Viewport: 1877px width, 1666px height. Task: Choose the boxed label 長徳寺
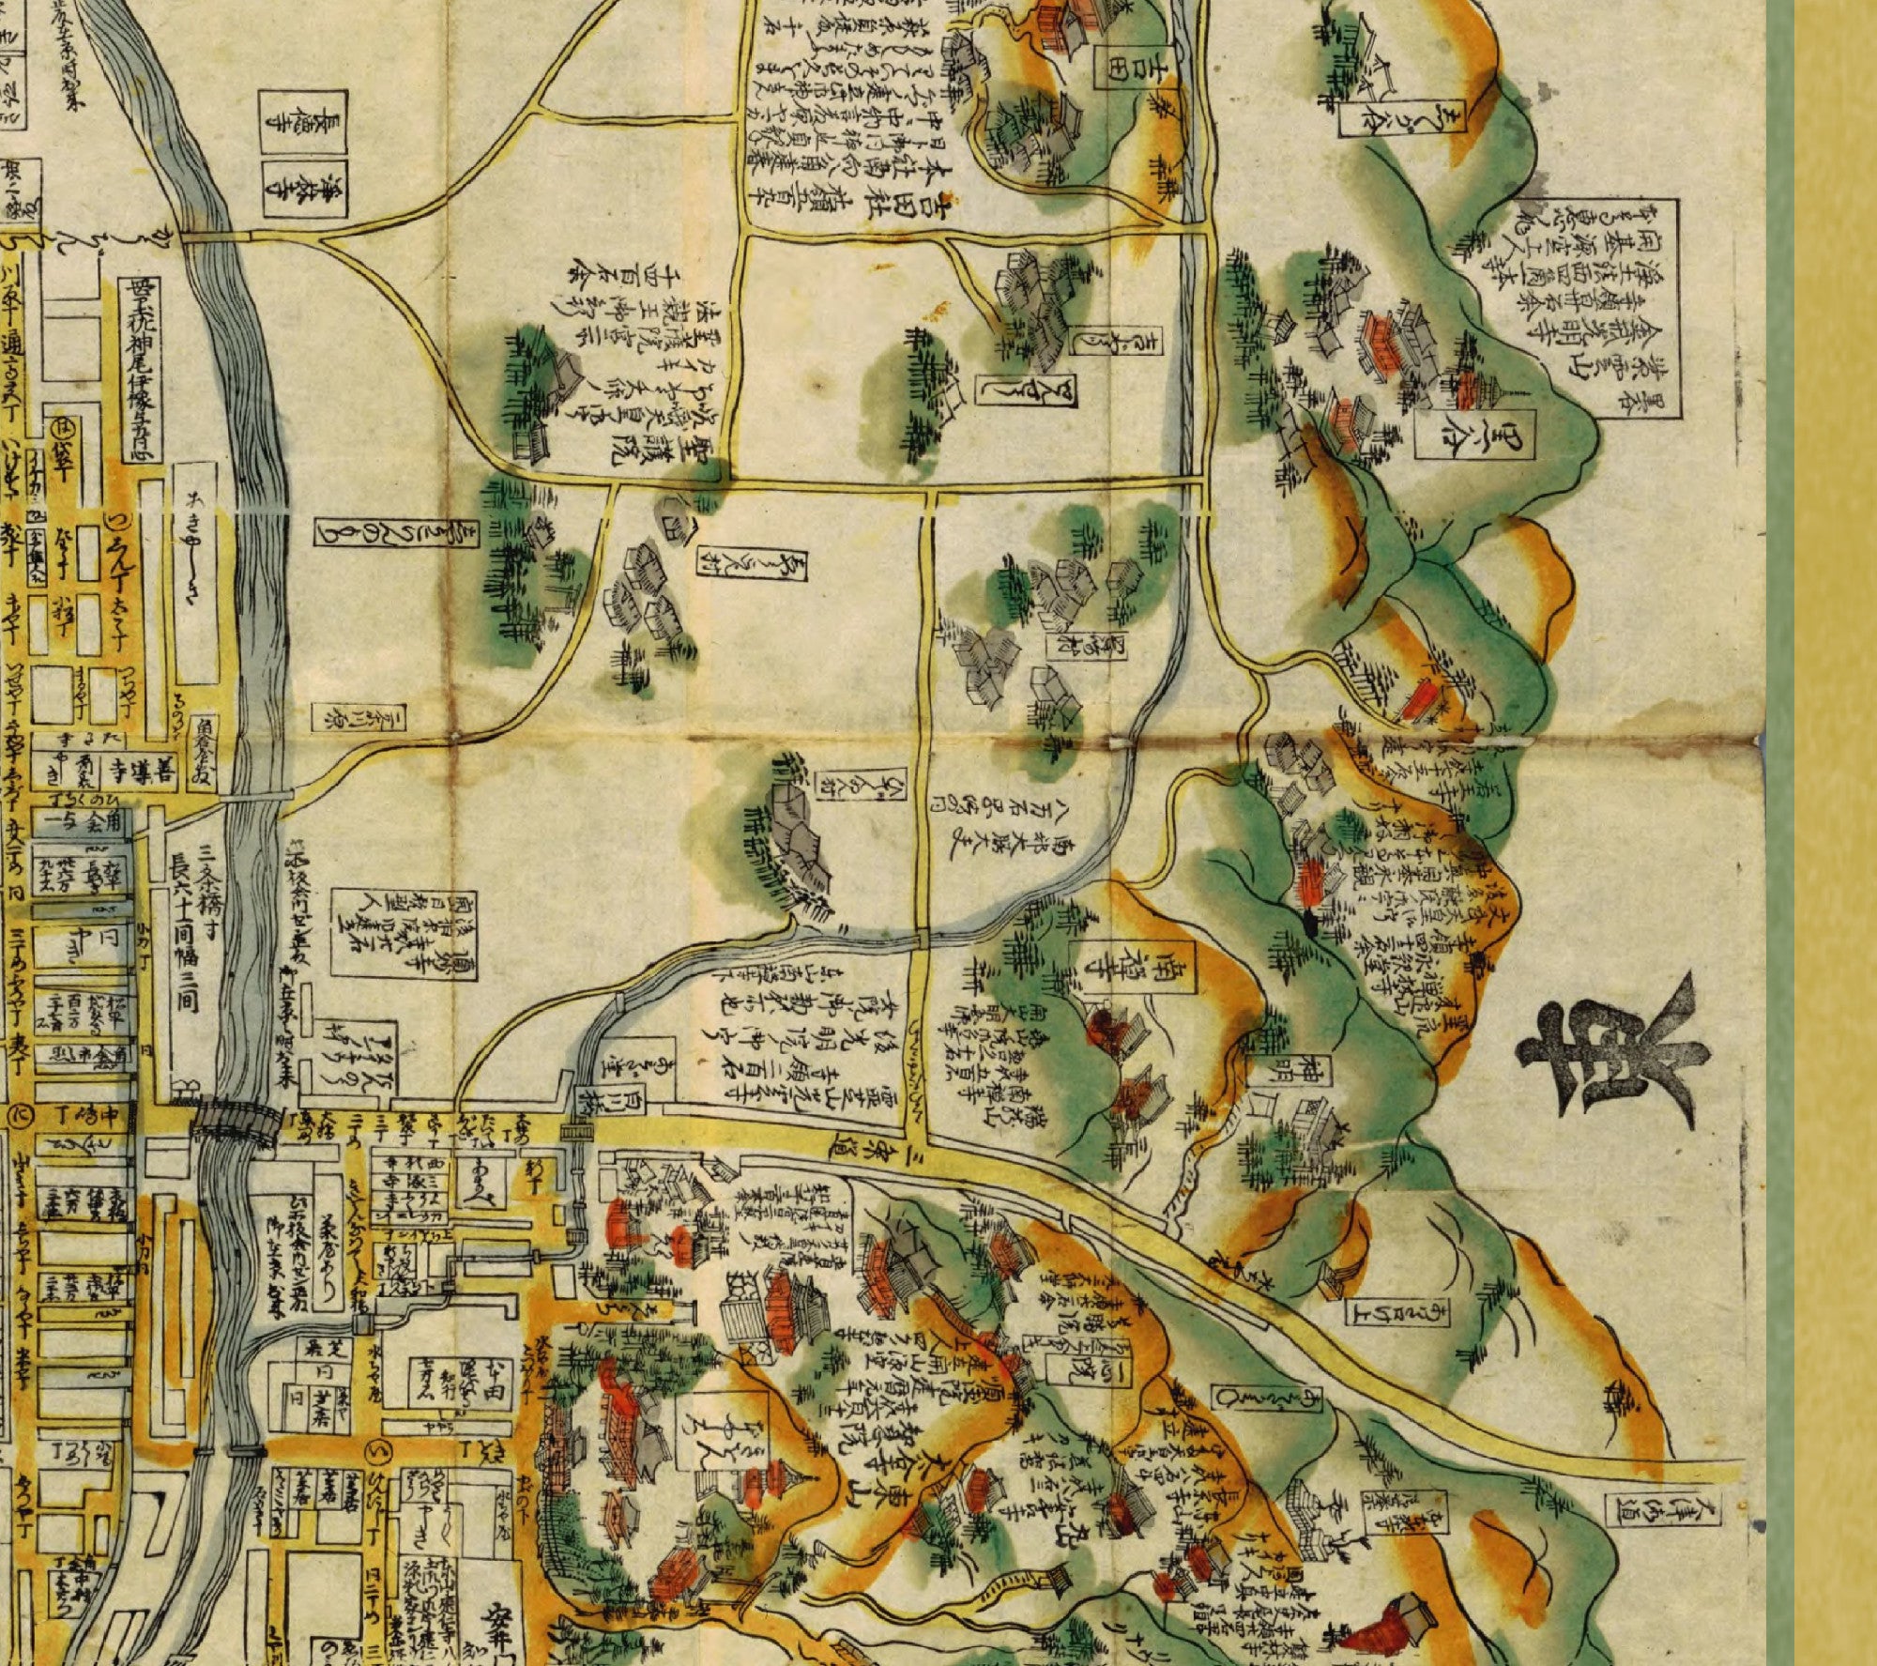click(302, 123)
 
